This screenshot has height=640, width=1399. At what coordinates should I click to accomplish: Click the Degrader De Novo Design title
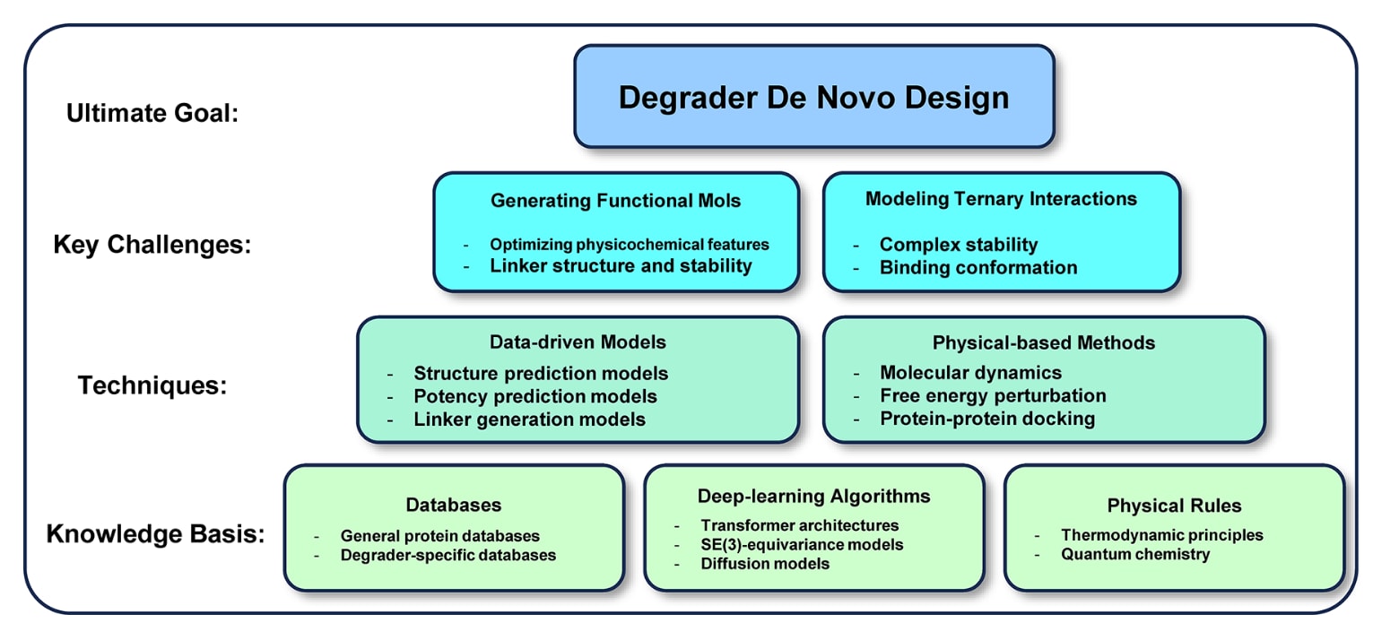[813, 97]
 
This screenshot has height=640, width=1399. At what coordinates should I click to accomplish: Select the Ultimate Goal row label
[152, 114]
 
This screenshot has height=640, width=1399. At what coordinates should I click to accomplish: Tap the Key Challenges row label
[151, 245]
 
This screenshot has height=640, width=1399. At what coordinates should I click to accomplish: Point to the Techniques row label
[152, 385]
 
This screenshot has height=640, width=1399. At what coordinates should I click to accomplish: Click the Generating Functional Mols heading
[615, 201]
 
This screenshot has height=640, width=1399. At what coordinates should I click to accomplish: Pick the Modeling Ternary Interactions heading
[1001, 199]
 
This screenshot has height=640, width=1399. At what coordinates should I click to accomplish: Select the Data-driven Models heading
[578, 342]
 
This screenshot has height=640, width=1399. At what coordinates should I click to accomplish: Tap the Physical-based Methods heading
[1043, 342]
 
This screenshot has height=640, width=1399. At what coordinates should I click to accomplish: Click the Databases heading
[453, 506]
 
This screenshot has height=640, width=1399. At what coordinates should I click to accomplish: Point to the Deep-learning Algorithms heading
[813, 496]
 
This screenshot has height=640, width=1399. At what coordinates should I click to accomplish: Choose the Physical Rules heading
[1174, 506]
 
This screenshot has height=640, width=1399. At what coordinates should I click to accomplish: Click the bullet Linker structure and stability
[621, 265]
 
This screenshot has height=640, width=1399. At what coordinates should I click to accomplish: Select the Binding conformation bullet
[978, 267]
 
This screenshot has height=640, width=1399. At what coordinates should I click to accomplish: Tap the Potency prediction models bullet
[534, 396]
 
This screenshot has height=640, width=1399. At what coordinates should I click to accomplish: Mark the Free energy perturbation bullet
[993, 395]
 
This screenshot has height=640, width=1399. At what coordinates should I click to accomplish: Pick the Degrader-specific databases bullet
[448, 555]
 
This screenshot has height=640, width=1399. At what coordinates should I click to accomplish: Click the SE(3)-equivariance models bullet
[802, 544]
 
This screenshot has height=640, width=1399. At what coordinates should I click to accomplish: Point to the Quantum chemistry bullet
[1134, 554]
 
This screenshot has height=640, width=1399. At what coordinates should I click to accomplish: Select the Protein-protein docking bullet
[986, 419]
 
